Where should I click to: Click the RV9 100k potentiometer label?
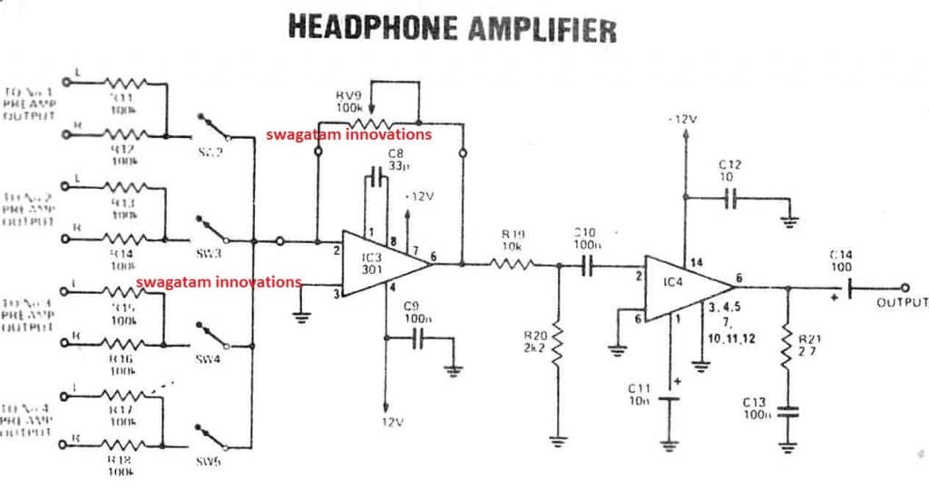click(x=350, y=101)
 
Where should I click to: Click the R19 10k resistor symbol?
click(x=512, y=264)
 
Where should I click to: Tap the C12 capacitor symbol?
click(x=731, y=199)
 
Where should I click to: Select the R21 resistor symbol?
click(x=787, y=348)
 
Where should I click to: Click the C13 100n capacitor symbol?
click(x=787, y=410)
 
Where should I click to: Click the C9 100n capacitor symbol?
click(x=417, y=338)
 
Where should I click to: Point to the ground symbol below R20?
click(x=557, y=441)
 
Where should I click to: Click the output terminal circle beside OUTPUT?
click(x=904, y=288)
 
